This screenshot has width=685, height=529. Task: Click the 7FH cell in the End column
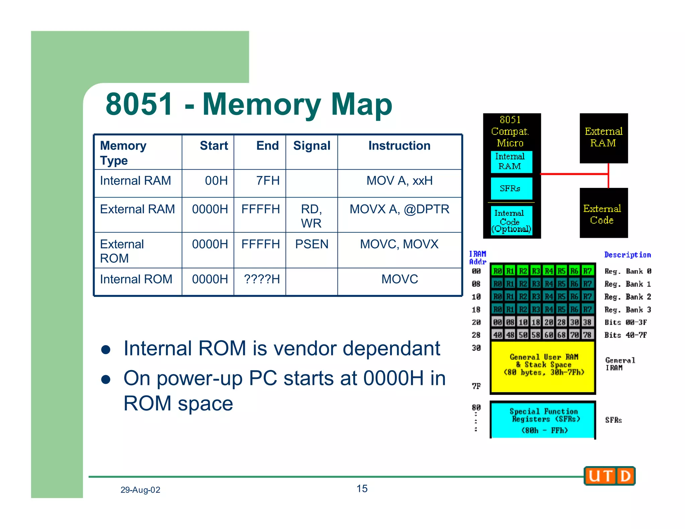(x=268, y=181)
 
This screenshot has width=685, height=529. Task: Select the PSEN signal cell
(x=311, y=244)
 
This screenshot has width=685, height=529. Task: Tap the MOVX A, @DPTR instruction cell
(x=399, y=209)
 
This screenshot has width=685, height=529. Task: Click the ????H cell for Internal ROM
(x=262, y=279)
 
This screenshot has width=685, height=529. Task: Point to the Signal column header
(x=311, y=146)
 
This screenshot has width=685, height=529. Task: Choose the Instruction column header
(x=399, y=146)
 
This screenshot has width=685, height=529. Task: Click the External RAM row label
(x=137, y=209)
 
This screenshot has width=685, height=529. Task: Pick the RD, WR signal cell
(x=311, y=216)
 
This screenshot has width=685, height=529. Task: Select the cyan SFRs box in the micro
(x=511, y=189)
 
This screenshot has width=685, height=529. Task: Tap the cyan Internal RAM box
(x=511, y=162)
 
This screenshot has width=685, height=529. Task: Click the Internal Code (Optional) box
(x=511, y=221)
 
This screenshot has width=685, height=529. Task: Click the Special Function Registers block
(x=543, y=420)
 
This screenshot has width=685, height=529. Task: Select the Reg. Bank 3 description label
(x=627, y=310)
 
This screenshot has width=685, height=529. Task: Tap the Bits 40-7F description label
(x=625, y=335)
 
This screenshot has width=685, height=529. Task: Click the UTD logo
(x=610, y=476)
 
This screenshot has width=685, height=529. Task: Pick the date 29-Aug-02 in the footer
(x=140, y=490)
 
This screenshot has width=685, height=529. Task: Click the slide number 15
(x=362, y=489)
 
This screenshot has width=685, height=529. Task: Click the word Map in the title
(x=361, y=104)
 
